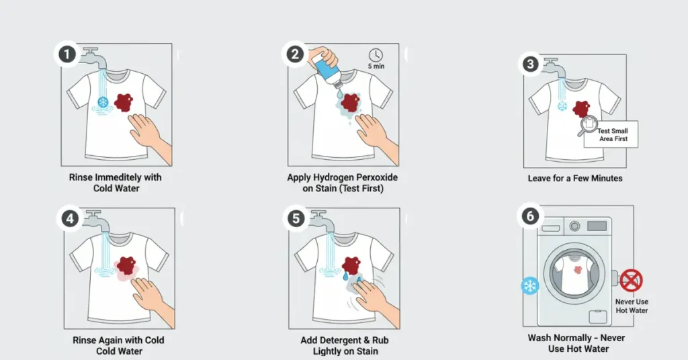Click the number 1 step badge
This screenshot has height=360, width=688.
[67, 55]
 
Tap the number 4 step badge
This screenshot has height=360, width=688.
[70, 218]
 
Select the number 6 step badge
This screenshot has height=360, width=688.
[530, 216]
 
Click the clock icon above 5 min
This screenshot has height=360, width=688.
[376, 55]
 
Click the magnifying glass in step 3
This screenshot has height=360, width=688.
[588, 126]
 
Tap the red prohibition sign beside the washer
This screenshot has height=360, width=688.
[631, 281]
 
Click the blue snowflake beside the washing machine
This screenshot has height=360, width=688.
[530, 286]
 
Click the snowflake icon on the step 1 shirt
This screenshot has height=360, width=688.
[103, 103]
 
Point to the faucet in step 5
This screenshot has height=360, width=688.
[322, 221]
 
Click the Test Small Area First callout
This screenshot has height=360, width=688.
[611, 134]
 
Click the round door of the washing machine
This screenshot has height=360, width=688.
[574, 272]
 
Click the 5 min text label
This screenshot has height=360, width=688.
[376, 66]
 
